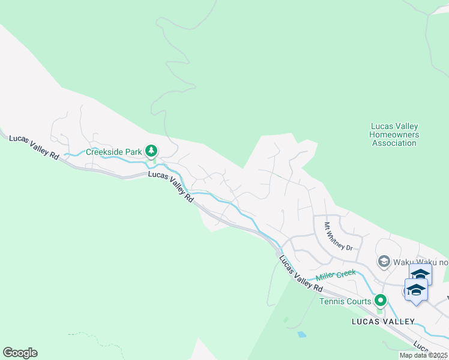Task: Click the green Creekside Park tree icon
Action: [153, 150]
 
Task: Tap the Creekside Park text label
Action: [114, 152]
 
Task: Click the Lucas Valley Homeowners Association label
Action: [394, 135]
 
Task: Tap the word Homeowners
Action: [394, 135]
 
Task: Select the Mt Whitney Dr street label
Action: [338, 236]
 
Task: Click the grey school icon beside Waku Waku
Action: [384, 262]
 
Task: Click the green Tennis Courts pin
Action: [380, 300]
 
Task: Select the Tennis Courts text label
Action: [345, 301]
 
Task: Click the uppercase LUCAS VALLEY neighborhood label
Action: [383, 322]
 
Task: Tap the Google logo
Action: [20, 353]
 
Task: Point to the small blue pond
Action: [301, 334]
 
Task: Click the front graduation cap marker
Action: [417, 290]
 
